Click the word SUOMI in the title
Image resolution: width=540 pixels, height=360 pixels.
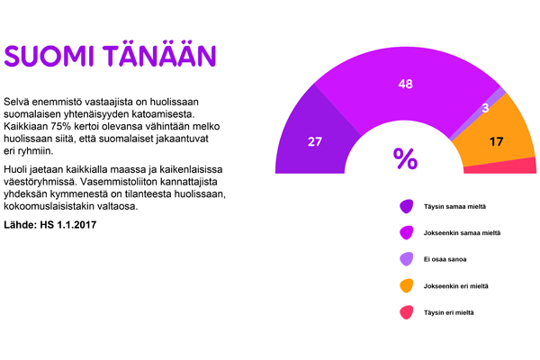click(x=49, y=56)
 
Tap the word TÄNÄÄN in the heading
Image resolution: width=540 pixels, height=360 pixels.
click(x=159, y=54)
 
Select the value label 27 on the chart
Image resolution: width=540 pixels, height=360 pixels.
click(x=315, y=141)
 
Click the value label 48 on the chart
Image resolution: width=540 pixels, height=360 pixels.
click(x=405, y=84)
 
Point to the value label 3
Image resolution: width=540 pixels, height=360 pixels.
click(x=485, y=108)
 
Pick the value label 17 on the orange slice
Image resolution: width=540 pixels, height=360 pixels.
click(x=496, y=141)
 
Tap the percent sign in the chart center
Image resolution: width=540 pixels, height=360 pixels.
click(x=405, y=158)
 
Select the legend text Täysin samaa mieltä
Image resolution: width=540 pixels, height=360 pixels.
click(x=454, y=207)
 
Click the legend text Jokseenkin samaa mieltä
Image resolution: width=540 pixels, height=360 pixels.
click(x=462, y=233)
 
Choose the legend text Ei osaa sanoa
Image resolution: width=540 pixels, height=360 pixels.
click(x=445, y=259)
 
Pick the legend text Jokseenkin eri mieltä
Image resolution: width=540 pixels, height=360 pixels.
click(x=455, y=286)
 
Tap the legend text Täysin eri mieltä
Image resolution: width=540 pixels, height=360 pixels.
click(x=448, y=312)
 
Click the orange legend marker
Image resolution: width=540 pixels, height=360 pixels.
click(x=407, y=285)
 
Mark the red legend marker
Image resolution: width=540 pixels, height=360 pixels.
click(x=407, y=312)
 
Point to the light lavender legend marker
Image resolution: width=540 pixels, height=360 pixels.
click(x=407, y=259)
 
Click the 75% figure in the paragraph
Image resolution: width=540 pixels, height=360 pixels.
click(x=61, y=126)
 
